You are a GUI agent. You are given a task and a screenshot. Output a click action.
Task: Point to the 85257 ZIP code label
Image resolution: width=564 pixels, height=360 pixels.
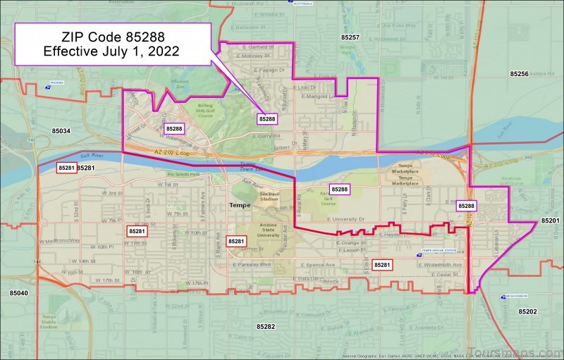pyautogui.click(x=350, y=37)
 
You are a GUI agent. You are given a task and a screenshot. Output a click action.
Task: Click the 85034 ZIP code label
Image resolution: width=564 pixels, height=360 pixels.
pyautogui.click(x=61, y=131)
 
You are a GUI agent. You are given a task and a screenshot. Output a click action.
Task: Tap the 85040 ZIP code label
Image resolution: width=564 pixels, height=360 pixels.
pyautogui.click(x=18, y=292)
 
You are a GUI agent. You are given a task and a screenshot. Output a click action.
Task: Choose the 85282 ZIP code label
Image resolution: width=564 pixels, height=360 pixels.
pyautogui.click(x=266, y=327)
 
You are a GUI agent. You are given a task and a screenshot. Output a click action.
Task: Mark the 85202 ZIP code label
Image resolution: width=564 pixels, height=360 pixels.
pyautogui.click(x=527, y=311)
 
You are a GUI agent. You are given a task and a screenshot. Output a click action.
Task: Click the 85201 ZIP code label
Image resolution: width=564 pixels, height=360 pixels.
pyautogui.click(x=550, y=221)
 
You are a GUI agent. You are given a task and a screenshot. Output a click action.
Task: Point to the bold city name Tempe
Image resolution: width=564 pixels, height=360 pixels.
pyautogui.click(x=240, y=205)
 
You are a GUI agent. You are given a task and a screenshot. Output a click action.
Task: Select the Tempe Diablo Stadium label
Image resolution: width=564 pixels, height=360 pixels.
pyautogui.click(x=48, y=322)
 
